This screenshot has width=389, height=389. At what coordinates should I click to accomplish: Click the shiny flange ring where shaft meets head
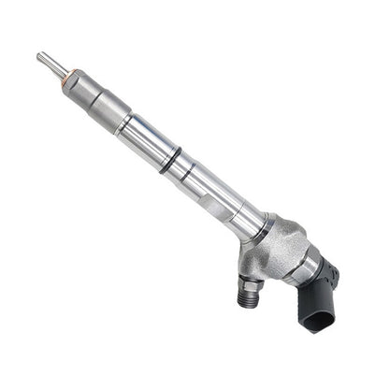point(254,227)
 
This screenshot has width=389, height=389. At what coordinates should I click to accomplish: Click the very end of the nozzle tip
point(40,57)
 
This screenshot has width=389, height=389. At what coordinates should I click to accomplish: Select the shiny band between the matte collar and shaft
point(119,120)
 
